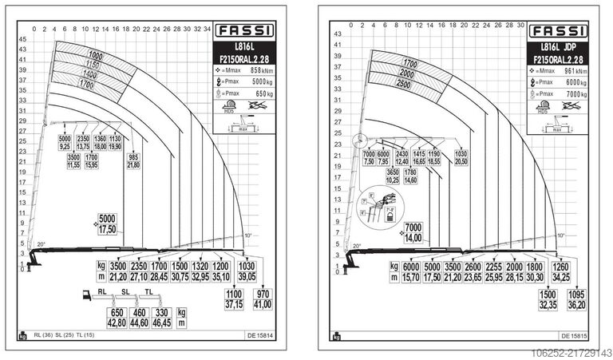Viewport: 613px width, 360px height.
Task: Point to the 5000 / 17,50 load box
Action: pos(107,223)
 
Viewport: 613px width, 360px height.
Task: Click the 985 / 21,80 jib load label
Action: pos(132,160)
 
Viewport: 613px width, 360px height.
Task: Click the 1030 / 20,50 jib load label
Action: pos(461,158)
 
